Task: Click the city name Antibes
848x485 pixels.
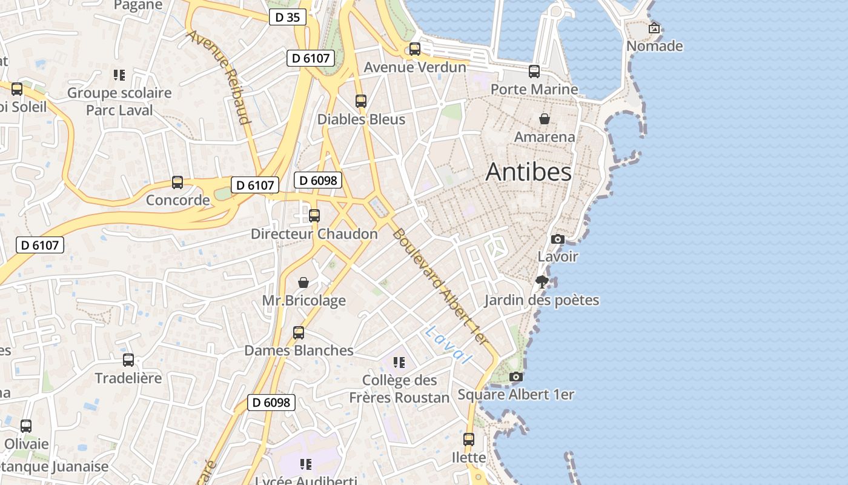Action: (x=528, y=172)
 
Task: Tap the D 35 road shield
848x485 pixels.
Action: (x=287, y=18)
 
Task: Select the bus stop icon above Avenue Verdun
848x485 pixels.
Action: (x=415, y=49)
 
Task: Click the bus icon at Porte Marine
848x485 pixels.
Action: (x=534, y=72)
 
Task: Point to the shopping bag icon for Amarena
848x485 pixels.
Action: (x=545, y=119)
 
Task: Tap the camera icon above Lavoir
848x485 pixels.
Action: (x=558, y=239)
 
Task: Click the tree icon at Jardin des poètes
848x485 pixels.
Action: (x=542, y=281)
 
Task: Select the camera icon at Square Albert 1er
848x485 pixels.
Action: (x=516, y=376)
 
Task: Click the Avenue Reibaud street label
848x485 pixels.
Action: (x=220, y=76)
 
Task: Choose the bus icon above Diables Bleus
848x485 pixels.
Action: (x=361, y=101)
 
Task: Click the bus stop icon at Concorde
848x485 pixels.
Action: (x=177, y=182)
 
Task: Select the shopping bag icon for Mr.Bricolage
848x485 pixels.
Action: (x=303, y=283)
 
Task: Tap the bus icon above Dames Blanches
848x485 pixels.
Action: (x=299, y=332)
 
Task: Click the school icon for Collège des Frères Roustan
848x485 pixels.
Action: (x=399, y=363)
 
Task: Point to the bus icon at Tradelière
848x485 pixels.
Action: (x=128, y=360)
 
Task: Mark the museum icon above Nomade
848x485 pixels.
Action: (x=654, y=28)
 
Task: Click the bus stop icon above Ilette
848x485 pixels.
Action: (x=469, y=440)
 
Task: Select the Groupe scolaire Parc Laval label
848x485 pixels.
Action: (x=119, y=102)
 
